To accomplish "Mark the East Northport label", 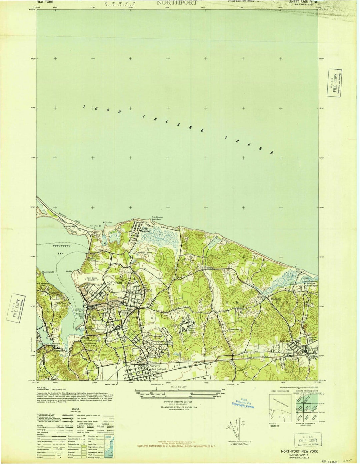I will [x=159, y=369].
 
